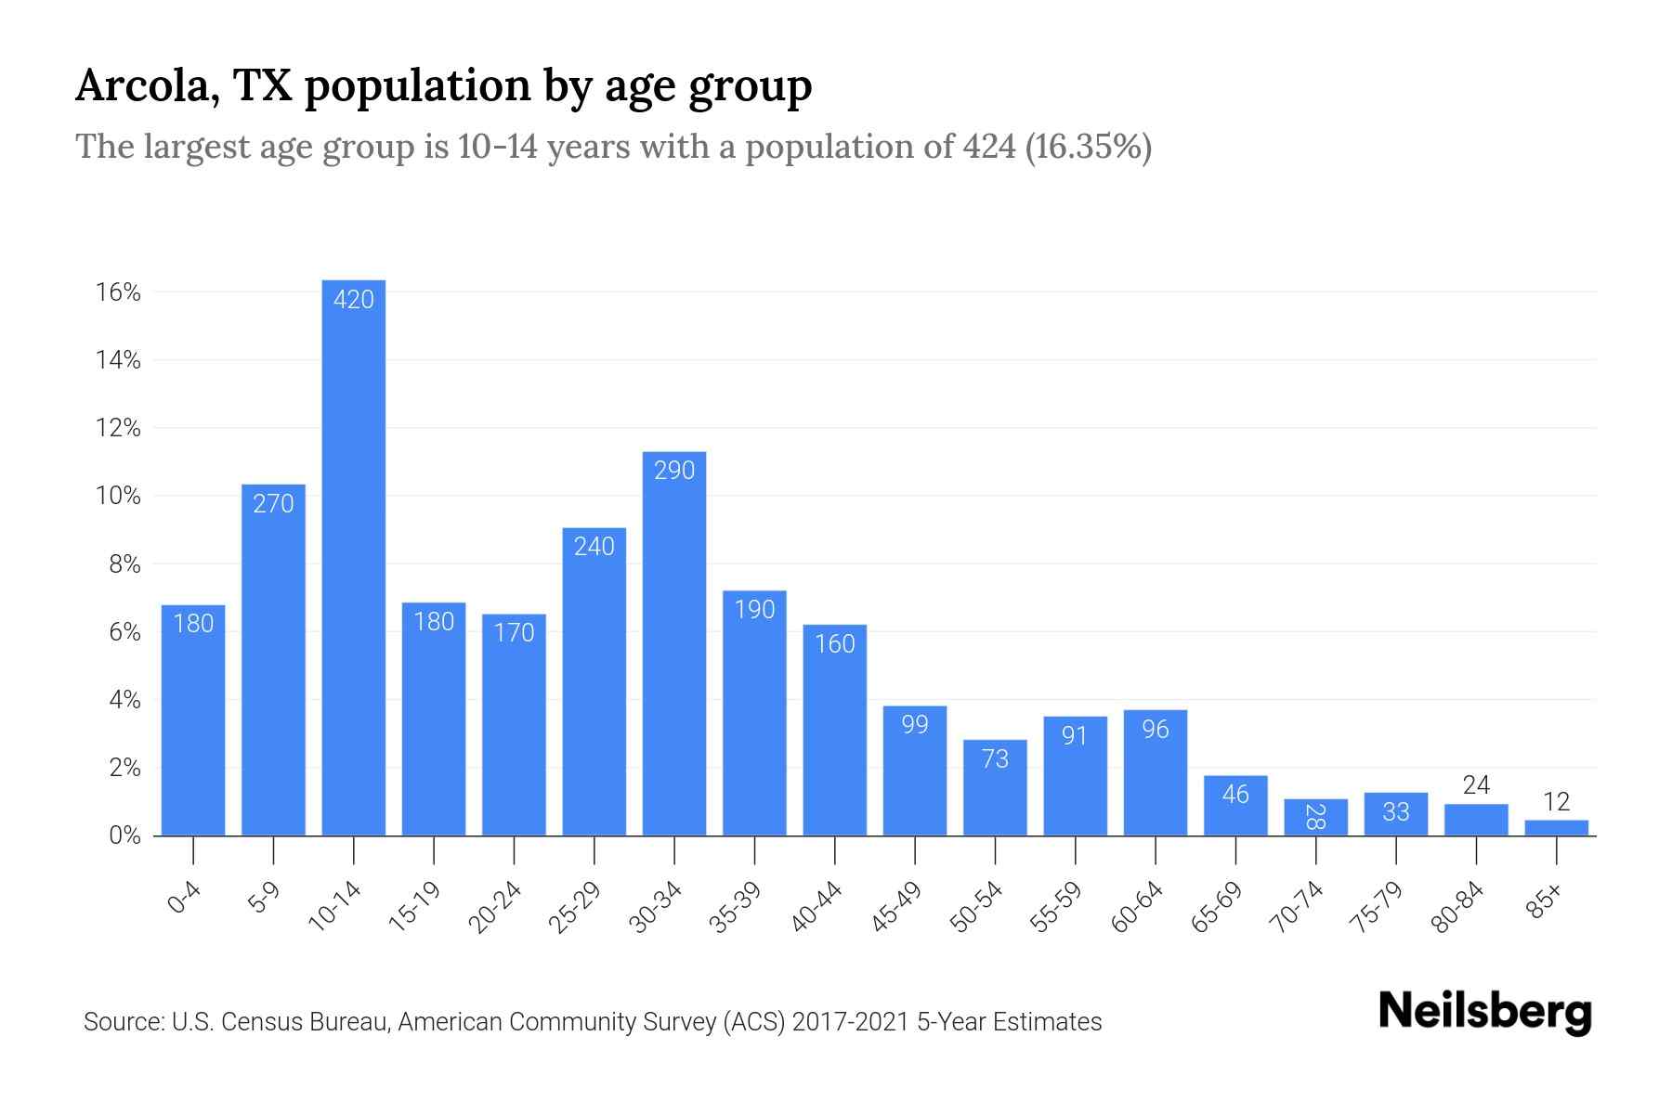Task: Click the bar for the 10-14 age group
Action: pos(353,557)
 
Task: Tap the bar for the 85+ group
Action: pos(1557,827)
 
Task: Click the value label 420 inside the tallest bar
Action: pos(353,299)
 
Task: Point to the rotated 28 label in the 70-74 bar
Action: pos(1315,817)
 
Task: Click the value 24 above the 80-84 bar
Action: pos(1476,785)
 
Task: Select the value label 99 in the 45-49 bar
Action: pos(915,724)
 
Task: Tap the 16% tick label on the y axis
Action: pos(118,292)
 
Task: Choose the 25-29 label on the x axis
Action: pos(575,907)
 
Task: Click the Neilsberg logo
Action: pos(1485,1012)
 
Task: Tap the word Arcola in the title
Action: pos(147,86)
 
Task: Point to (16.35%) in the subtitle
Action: pos(1088,147)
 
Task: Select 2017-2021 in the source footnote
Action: pos(851,1022)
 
